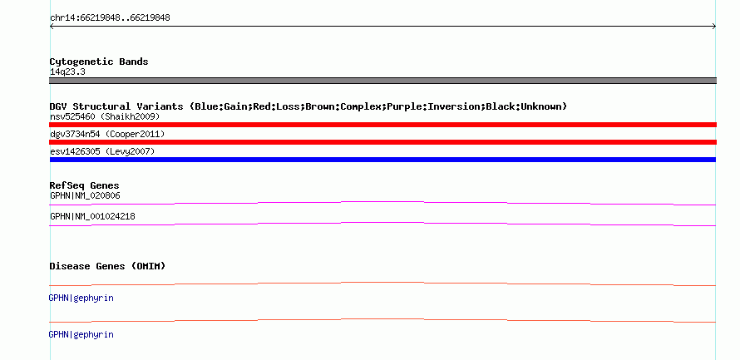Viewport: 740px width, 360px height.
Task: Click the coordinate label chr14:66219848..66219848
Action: coord(110,18)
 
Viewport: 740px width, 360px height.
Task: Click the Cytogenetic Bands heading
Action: coord(99,62)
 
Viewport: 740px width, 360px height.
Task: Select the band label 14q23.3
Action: coord(67,72)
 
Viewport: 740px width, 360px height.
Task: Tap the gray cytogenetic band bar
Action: coord(382,81)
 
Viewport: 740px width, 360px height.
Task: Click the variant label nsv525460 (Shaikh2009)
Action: coord(105,116)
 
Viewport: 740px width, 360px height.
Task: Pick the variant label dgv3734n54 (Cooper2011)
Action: coord(107,135)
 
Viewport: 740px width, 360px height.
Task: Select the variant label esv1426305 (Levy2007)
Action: coord(102,152)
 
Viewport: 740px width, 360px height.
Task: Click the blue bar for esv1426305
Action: coord(382,160)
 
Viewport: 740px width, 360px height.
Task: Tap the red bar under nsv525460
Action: coord(382,125)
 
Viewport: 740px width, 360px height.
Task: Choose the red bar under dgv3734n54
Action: coord(382,142)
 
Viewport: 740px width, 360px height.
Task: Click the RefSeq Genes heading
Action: coord(85,185)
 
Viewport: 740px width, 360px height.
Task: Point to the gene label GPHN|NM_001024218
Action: coord(92,217)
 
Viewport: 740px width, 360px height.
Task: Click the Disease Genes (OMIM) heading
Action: coord(107,266)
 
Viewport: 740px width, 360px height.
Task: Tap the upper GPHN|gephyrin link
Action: coord(81,298)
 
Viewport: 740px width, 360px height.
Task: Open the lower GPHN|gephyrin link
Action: coord(81,334)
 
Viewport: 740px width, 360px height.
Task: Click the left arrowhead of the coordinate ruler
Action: coord(52,27)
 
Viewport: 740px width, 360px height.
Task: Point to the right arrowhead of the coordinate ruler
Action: coord(714,27)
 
